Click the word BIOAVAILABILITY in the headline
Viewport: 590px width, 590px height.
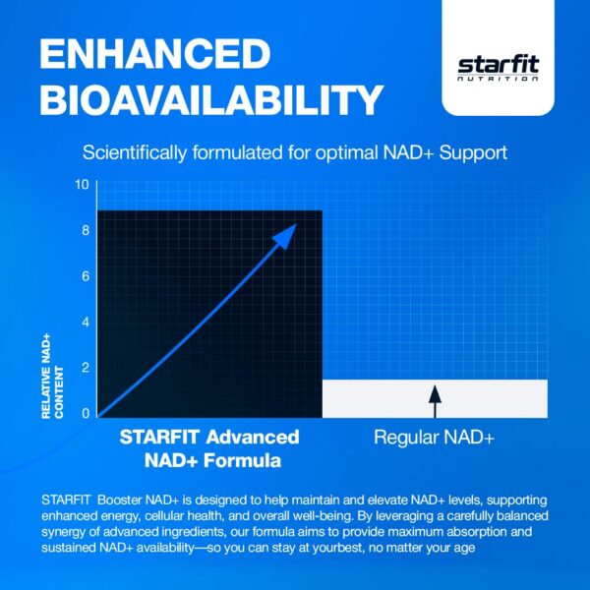210,100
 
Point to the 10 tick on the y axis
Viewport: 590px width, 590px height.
82,185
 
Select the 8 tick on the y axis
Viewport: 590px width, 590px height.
86,231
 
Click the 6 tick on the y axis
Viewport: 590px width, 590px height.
86,276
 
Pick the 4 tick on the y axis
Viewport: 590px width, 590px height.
86,323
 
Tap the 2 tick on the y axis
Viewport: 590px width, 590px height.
86,368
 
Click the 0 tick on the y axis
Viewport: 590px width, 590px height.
86,413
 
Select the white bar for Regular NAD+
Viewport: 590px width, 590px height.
492,398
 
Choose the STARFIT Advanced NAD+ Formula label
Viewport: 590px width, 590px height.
209,446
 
